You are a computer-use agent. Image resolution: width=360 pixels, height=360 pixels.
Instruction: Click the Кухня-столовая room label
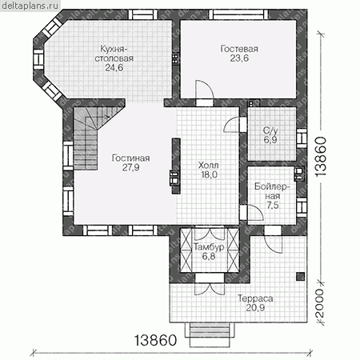coord(114,54)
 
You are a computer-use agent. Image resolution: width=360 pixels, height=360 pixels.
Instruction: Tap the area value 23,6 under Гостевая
coord(239,58)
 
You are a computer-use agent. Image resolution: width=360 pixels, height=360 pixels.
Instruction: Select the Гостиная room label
coord(130,158)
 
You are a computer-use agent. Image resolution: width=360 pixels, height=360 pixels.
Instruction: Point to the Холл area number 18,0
coord(210,174)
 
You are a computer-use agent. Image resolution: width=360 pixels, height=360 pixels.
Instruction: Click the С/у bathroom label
coord(270,130)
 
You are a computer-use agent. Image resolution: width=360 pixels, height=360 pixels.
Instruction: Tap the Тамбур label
coord(209,247)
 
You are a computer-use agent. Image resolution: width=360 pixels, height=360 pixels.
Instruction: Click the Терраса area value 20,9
coord(255,308)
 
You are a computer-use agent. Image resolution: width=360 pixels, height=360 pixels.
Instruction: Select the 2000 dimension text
coord(319,302)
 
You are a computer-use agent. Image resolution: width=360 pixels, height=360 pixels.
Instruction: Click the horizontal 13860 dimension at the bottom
coord(155,340)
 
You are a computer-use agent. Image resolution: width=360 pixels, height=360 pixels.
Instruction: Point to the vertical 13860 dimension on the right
coord(321,157)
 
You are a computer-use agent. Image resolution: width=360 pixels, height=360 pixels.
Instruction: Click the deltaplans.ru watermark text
coord(30,6)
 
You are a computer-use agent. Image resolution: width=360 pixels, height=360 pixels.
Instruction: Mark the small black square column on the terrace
coord(301,277)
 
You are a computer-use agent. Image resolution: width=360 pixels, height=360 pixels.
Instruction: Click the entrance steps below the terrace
coord(210,334)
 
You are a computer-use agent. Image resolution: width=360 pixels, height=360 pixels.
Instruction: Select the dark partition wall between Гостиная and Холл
coord(176,166)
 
